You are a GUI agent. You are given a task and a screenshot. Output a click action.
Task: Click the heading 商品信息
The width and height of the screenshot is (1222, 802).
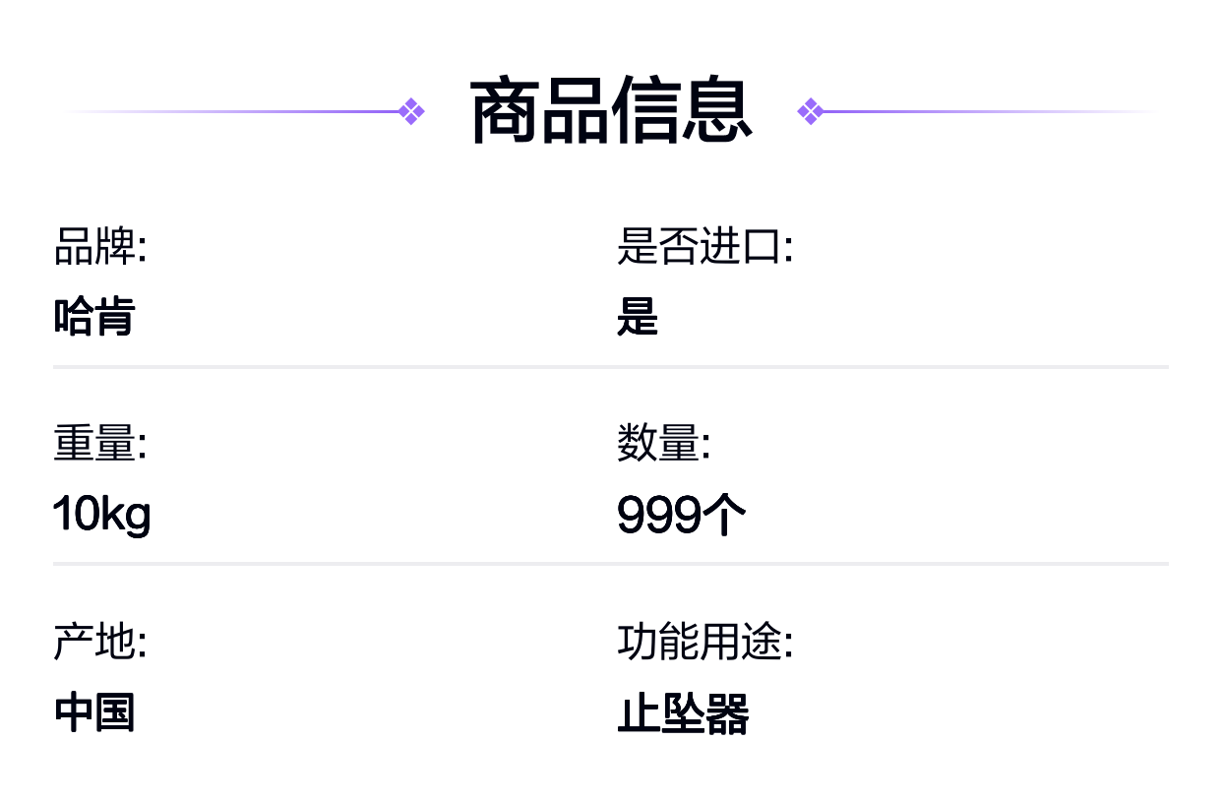611,110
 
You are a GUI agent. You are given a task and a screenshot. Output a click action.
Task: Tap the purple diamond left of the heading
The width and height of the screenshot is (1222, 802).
411,111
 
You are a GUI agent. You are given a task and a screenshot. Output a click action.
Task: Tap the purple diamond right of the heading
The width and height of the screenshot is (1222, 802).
811,111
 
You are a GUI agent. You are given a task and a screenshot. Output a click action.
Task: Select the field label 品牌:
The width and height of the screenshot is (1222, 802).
100,246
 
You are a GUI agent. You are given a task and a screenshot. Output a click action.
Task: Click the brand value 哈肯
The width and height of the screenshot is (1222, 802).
94,316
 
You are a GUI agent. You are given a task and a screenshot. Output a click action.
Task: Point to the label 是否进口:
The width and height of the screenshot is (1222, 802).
704,246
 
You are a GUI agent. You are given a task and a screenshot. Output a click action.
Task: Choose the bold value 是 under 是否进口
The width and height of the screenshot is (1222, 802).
638,316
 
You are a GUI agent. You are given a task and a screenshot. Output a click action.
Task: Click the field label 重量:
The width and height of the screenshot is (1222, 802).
100,443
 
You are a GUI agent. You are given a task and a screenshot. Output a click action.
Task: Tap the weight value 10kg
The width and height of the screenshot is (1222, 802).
101,515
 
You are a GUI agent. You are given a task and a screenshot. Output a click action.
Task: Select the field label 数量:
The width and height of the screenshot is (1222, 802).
664,443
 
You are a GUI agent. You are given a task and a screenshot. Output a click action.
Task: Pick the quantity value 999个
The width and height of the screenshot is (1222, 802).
681,514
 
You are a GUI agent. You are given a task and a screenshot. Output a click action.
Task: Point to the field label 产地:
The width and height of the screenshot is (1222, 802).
100,641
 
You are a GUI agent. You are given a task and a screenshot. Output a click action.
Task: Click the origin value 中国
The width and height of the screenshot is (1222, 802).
94,712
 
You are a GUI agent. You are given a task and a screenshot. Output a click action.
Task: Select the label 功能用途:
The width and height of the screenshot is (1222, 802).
704,641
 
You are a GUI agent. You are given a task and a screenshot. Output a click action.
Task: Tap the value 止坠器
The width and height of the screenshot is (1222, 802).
683,713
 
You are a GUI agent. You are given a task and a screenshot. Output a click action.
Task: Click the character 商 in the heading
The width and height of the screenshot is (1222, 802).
505,110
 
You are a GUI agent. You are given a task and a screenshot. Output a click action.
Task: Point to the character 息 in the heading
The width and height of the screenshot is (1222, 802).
718,110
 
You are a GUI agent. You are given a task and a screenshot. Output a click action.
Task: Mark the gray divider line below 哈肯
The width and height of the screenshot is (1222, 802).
611,367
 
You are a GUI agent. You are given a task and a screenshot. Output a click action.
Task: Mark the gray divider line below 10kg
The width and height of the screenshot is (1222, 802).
611,564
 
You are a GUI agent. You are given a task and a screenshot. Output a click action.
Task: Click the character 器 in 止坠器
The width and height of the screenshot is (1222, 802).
728,713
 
